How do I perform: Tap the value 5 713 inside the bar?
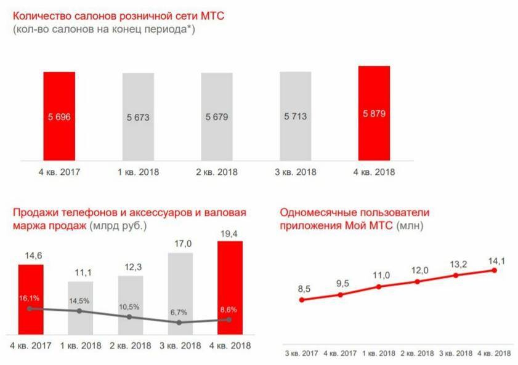click(296, 116)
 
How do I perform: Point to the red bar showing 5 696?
click(59, 115)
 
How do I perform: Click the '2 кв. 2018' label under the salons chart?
click(217, 172)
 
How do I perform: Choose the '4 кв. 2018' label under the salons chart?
click(374, 172)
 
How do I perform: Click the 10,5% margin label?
click(129, 306)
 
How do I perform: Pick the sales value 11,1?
click(80, 271)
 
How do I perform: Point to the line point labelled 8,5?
click(302, 300)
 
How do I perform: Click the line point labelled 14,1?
click(496, 270)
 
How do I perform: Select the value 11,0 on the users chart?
click(379, 275)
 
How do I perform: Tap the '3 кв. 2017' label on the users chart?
click(301, 353)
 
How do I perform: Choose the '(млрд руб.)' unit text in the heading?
click(118, 225)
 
